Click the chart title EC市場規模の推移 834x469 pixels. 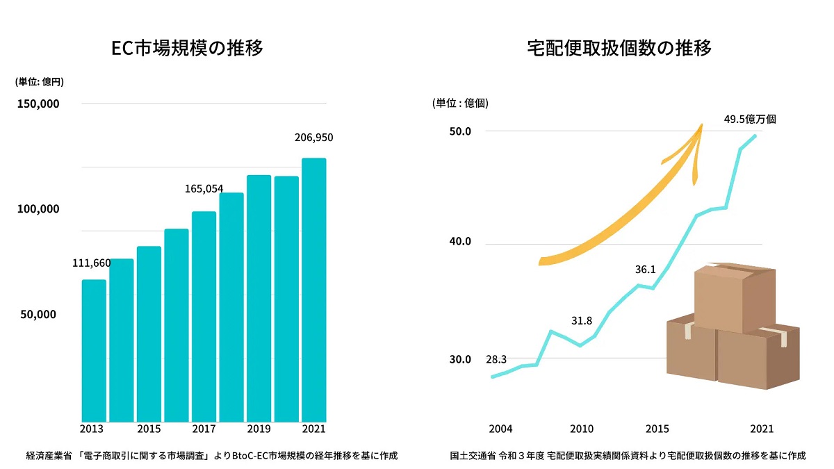(x=188, y=49)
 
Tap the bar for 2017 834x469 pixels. (x=204, y=316)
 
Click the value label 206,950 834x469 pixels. (x=313, y=138)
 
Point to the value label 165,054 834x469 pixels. (x=204, y=188)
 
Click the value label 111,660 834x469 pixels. (x=92, y=263)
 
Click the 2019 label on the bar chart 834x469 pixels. (x=259, y=429)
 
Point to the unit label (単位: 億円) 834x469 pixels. (x=40, y=81)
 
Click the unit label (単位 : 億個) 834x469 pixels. (x=460, y=103)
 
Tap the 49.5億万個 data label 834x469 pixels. (x=750, y=119)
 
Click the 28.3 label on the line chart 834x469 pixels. (x=496, y=359)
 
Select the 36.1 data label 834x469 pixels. (x=645, y=269)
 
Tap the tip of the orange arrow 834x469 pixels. (x=701, y=126)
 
